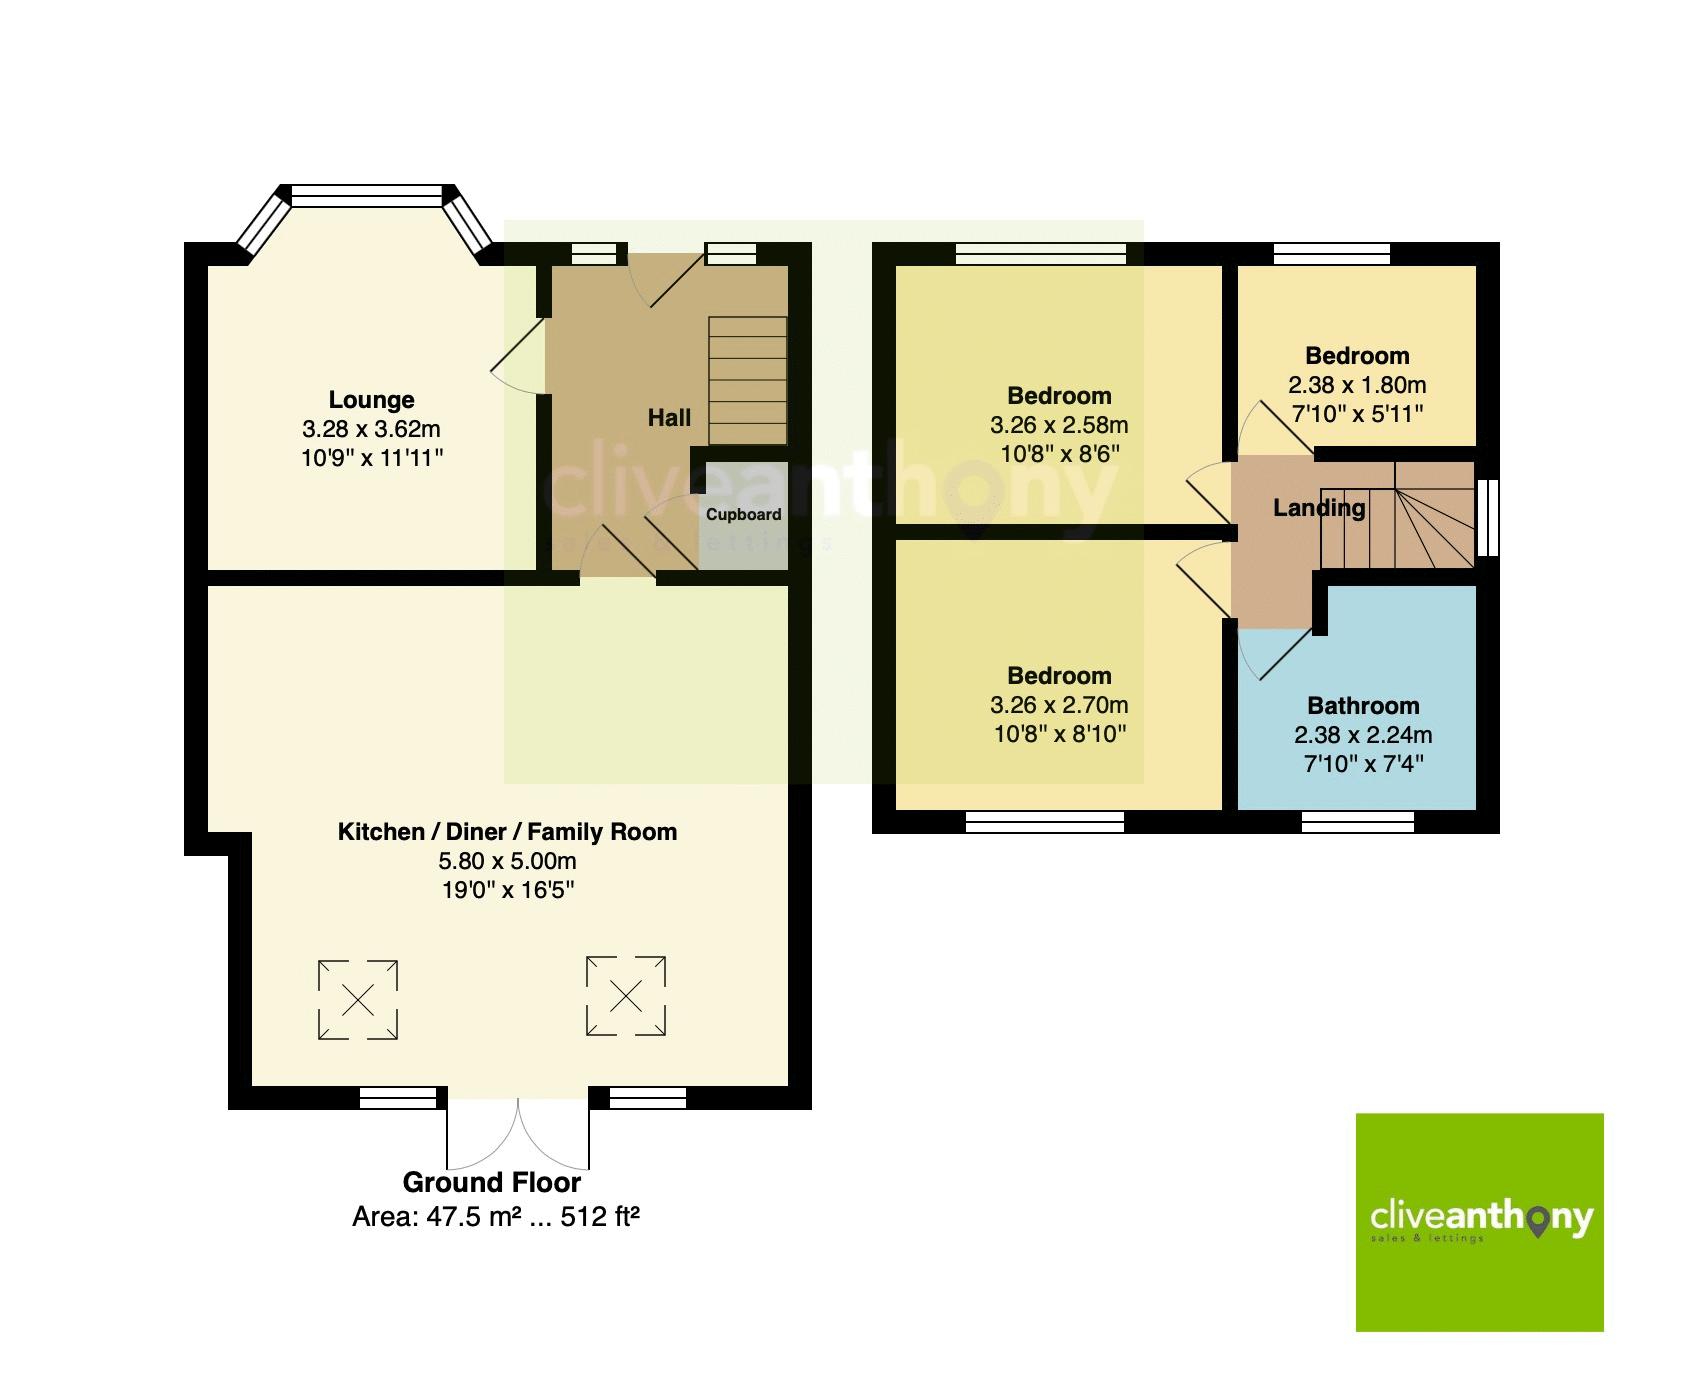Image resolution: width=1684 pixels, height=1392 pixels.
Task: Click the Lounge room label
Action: tap(371, 400)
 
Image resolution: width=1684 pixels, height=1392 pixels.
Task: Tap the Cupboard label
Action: tap(743, 515)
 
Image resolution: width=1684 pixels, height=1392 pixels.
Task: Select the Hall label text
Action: tap(669, 418)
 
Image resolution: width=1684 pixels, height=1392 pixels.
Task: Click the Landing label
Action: tap(1319, 508)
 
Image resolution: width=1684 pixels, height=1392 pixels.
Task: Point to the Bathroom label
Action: tap(1363, 706)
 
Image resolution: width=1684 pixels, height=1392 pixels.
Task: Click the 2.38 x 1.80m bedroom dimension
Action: tap(1357, 385)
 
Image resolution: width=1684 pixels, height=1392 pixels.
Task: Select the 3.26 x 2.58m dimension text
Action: tap(1059, 425)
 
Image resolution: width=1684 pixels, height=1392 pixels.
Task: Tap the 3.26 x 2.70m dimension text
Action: tap(1059, 705)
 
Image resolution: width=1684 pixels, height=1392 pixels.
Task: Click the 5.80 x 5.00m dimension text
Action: tap(507, 861)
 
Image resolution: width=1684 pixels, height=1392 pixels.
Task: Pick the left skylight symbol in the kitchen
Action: tap(358, 999)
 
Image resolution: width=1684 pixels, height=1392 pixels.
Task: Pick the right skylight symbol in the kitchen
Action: tap(626, 996)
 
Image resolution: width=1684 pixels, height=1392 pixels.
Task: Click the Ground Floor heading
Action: tap(491, 1183)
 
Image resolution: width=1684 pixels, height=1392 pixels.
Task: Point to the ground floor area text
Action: tap(496, 1217)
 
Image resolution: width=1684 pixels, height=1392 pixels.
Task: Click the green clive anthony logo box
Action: tap(1479, 1222)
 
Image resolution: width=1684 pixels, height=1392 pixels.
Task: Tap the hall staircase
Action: tap(747, 380)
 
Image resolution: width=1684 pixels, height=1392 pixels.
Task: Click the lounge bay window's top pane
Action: tap(366, 197)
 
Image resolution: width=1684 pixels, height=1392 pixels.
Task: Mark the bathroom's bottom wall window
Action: tap(1358, 822)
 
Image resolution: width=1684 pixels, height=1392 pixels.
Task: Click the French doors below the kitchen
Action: tap(518, 1135)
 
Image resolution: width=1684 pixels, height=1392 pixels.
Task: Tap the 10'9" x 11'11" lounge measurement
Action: tap(371, 458)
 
